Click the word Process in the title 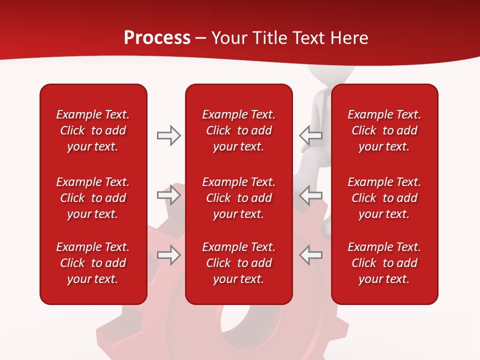click(157, 38)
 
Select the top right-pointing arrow click(168, 135)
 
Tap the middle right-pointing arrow click(168, 195)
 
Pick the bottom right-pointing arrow click(168, 255)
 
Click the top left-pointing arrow click(310, 135)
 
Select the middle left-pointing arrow click(310, 195)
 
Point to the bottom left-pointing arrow click(310, 255)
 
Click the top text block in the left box click(93, 130)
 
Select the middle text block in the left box click(93, 198)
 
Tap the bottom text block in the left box click(93, 263)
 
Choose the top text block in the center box click(238, 130)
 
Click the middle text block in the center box click(238, 198)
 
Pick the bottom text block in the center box click(238, 263)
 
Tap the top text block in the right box click(384, 130)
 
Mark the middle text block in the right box click(384, 198)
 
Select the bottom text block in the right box click(384, 263)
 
